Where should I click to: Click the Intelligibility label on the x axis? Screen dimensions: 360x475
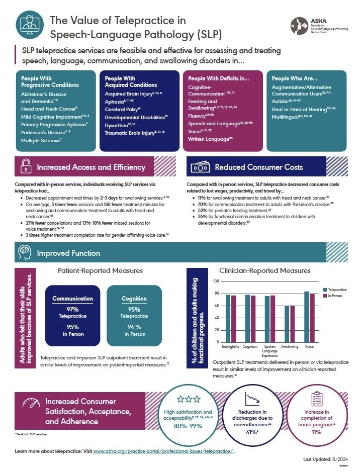click(x=231, y=346)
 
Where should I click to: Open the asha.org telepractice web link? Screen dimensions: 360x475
click(x=163, y=451)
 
